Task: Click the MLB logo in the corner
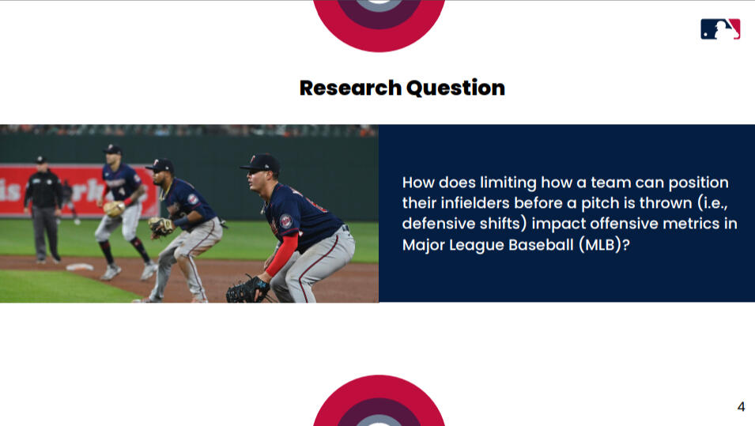[720, 29]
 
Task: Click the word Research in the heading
[350, 88]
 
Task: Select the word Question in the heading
[455, 88]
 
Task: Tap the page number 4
[741, 407]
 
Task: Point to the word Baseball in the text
[542, 245]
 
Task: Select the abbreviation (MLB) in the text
[600, 245]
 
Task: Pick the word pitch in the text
[600, 204]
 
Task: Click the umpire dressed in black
[43, 210]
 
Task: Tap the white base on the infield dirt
[80, 266]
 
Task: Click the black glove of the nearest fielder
[247, 290]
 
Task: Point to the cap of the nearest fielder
[260, 164]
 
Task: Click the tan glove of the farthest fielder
[114, 209]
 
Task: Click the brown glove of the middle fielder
[160, 227]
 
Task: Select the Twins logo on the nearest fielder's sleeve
[286, 221]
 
